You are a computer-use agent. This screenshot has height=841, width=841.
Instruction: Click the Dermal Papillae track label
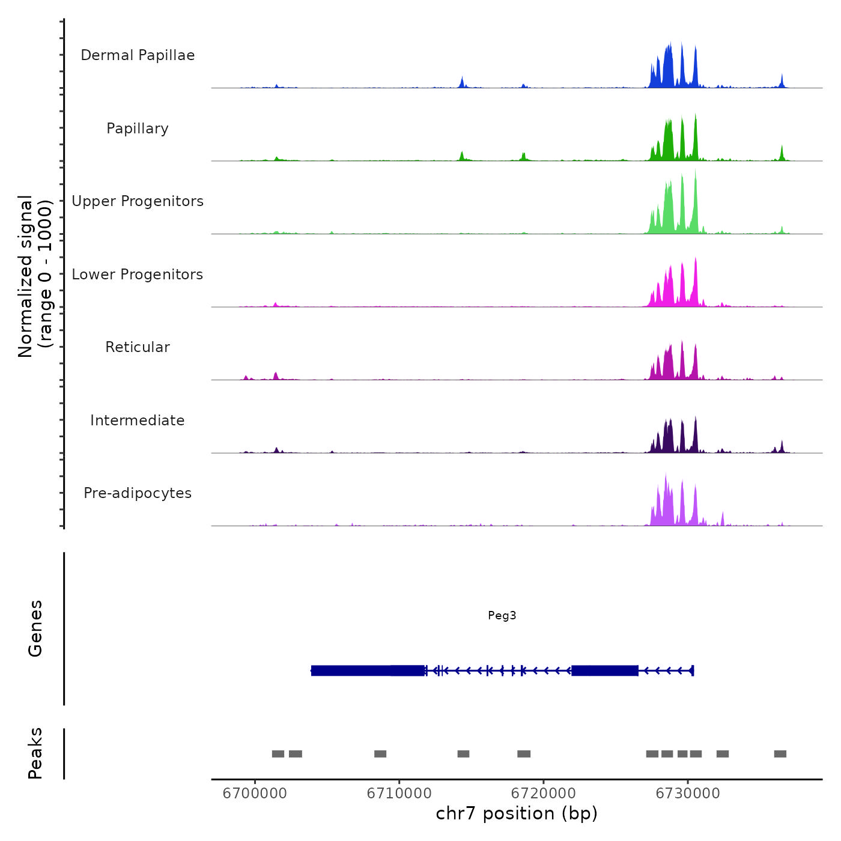click(138, 55)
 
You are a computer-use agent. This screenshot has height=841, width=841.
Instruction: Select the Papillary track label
click(138, 129)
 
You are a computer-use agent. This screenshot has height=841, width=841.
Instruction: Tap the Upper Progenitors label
click(138, 201)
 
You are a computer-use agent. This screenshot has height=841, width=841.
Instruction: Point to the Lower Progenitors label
click(138, 275)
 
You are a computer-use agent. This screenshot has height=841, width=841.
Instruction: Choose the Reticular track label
click(138, 347)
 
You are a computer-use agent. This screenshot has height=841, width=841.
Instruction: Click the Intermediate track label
click(138, 421)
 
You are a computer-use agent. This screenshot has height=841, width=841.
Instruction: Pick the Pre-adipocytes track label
click(138, 493)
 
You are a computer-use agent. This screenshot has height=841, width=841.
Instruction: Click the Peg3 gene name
click(502, 615)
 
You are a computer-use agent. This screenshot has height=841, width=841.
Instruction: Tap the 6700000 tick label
click(255, 794)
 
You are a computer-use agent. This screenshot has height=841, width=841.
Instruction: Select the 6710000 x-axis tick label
click(399, 794)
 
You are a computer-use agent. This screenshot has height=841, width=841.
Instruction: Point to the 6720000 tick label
click(543, 794)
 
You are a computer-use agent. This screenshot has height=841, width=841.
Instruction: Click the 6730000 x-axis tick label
click(688, 794)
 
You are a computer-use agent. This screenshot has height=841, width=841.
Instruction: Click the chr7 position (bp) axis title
click(517, 813)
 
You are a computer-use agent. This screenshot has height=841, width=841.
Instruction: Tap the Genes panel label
click(35, 628)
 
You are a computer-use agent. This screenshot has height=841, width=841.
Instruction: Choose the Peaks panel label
click(35, 753)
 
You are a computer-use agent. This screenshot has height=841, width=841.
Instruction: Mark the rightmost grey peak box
click(780, 754)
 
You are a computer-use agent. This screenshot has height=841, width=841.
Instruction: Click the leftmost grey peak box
click(278, 754)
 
